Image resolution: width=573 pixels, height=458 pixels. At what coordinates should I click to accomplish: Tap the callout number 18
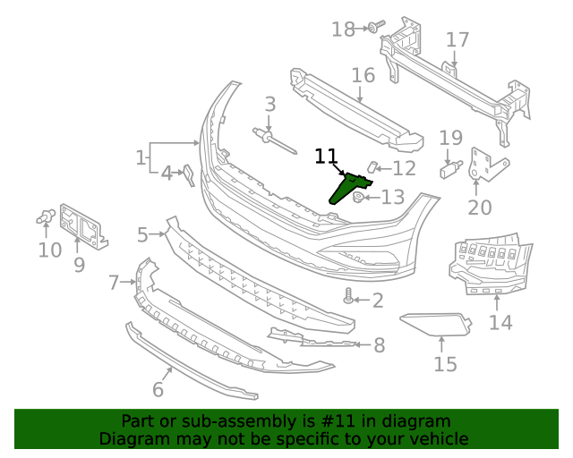[x=343, y=30]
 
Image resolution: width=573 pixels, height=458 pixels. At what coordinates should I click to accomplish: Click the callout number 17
[x=457, y=40]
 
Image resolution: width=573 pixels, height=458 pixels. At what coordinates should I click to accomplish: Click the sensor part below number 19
[x=451, y=166]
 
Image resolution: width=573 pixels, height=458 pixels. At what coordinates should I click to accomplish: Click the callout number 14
[x=500, y=321]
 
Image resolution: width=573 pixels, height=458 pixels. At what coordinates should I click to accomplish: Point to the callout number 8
[x=379, y=344]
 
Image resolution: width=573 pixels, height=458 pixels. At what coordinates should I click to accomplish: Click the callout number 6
[x=158, y=389]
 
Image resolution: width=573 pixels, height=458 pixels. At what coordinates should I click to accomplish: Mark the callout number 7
[x=114, y=284]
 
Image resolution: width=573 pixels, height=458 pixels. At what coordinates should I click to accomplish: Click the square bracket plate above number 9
[x=81, y=222]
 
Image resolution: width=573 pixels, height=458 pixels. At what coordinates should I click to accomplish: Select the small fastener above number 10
[x=47, y=216]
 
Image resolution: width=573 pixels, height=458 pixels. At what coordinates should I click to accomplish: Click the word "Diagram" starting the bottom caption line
[x=133, y=438]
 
